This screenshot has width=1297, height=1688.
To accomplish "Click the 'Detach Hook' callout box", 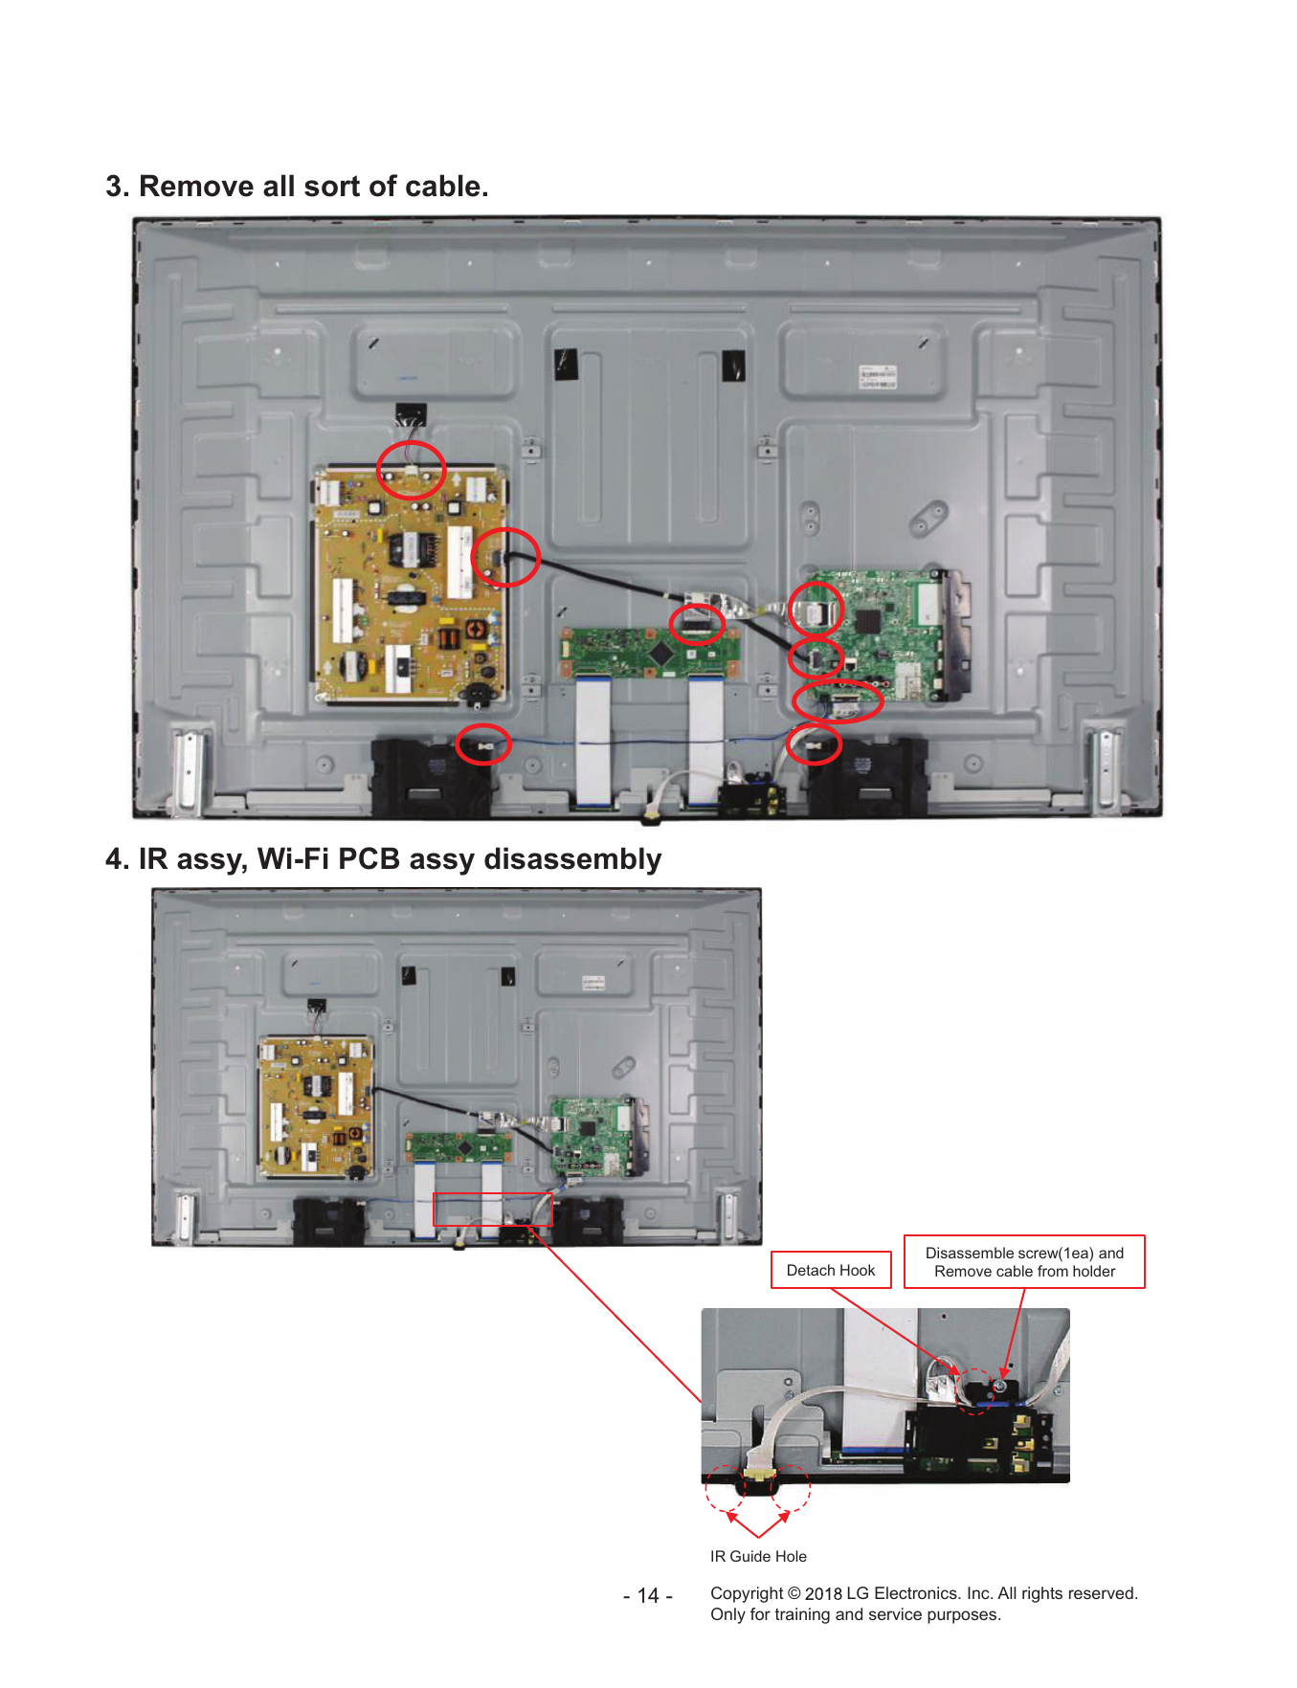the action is click(831, 1270).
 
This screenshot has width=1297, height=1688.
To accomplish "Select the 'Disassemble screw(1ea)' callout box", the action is click(1024, 1262).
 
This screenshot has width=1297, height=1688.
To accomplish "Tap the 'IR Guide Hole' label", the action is click(758, 1556).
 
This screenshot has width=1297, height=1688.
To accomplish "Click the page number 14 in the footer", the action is click(648, 1595).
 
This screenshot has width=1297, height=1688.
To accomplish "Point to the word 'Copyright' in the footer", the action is click(747, 1593).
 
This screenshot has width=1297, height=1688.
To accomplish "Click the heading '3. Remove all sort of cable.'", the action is click(297, 186).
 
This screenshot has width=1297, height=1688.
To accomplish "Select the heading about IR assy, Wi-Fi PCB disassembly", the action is click(383, 858).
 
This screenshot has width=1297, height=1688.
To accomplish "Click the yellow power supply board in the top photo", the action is click(411, 586).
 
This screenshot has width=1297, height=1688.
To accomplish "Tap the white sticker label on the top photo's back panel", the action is click(877, 376).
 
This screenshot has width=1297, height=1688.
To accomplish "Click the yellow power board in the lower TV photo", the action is click(316, 1106).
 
